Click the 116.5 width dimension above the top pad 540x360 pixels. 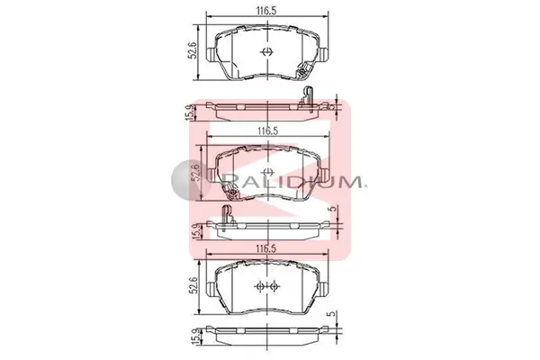pos(265,10)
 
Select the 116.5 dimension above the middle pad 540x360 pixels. pos(268,130)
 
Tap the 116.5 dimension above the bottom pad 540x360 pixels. pos(265,248)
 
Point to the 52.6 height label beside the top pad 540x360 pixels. pos(193,50)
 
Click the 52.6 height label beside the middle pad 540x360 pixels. pos(195,172)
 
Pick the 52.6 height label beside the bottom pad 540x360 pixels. pos(193,285)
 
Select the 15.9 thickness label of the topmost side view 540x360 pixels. pos(190,112)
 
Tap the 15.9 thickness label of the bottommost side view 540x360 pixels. pos(196,337)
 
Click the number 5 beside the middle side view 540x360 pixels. pos(332,209)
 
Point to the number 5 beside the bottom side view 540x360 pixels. pos(331,314)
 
